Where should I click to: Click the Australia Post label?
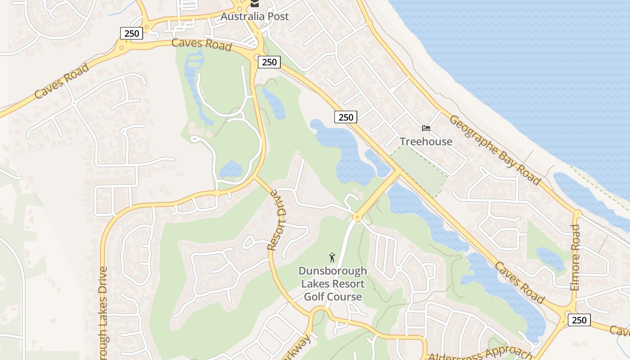254,17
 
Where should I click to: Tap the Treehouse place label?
426,142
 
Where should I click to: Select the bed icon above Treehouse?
426,128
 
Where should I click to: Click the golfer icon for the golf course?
332,257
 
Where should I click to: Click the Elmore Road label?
575,257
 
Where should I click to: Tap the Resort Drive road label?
276,220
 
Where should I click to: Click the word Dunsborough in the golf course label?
333,271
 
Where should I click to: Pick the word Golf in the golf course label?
317,297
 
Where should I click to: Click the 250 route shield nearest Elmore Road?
579,320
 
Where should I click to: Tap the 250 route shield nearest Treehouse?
346,117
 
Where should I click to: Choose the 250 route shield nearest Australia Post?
269,62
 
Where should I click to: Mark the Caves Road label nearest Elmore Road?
520,283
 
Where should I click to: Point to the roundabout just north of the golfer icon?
357,217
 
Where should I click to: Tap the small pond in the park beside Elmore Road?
550,258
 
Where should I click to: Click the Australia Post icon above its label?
255,4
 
